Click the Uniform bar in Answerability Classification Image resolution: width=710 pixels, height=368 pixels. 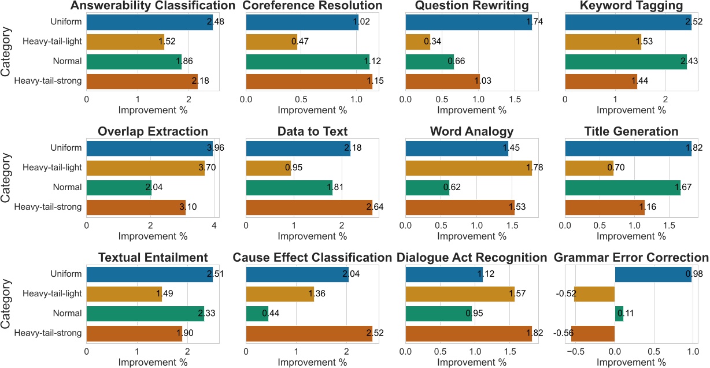(x=149, y=22)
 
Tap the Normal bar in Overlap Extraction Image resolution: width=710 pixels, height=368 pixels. (x=119, y=187)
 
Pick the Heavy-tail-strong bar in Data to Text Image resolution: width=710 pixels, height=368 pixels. (x=309, y=207)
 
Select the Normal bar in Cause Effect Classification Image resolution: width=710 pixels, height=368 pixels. (x=257, y=313)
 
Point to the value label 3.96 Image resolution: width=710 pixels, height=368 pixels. (x=216, y=147)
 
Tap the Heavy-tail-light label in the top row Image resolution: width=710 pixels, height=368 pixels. (x=51, y=42)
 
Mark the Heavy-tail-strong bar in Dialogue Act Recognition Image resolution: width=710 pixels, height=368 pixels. (x=469, y=333)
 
